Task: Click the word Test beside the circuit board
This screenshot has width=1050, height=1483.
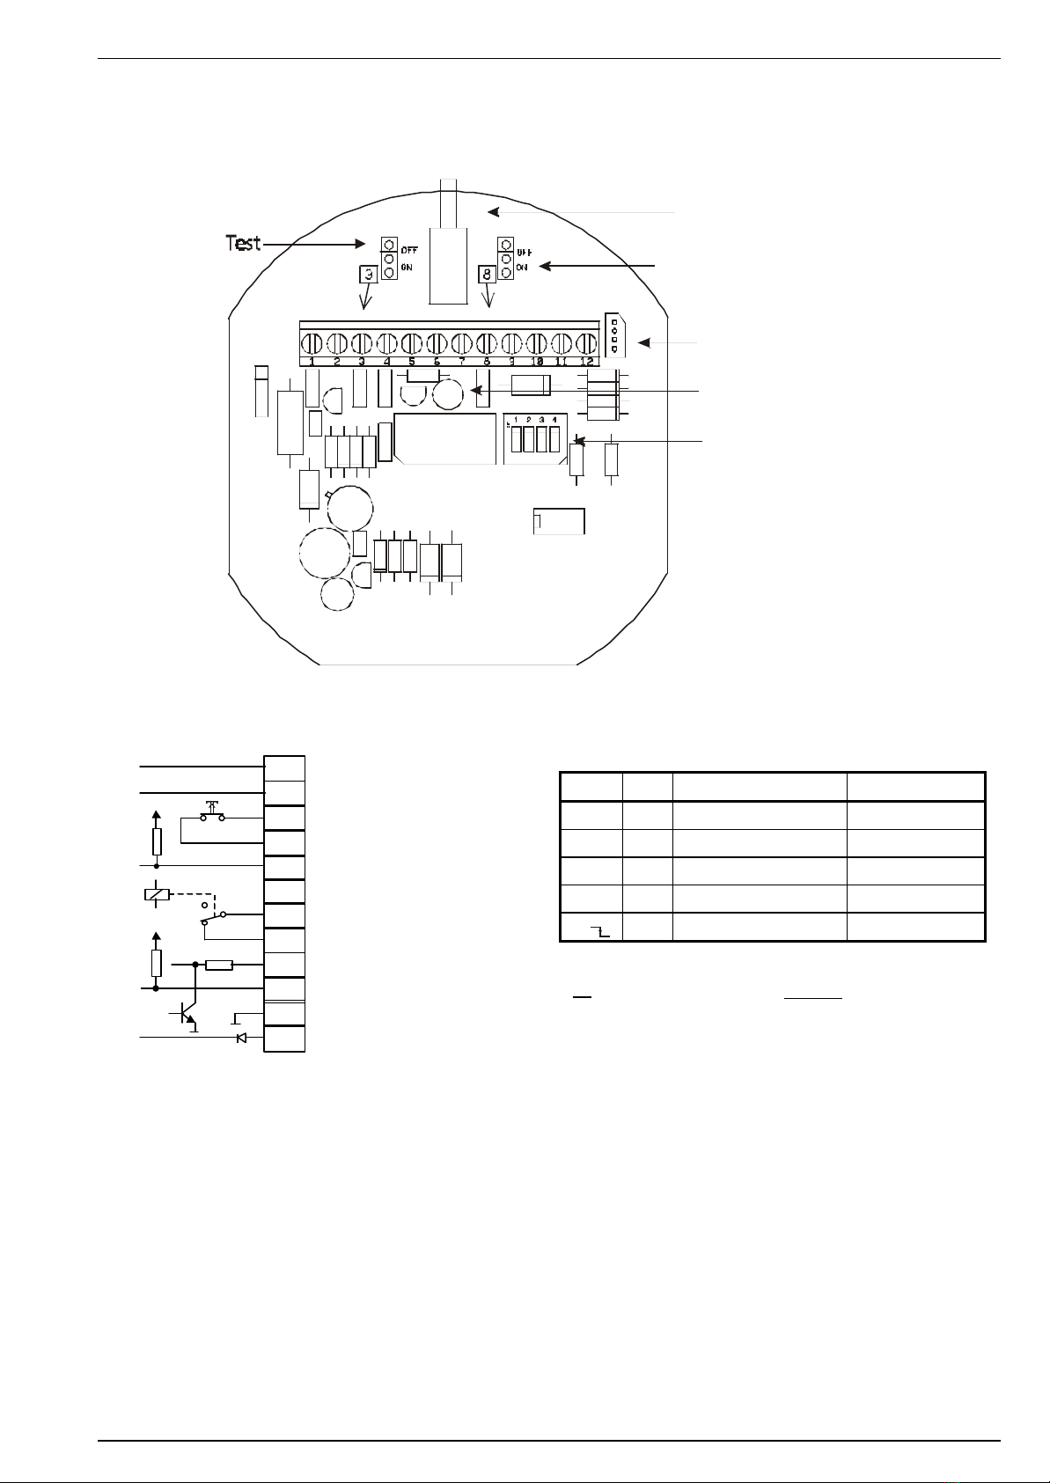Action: tap(244, 242)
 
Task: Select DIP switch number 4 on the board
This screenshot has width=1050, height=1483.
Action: tap(554, 438)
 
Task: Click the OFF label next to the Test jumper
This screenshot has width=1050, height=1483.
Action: tap(409, 249)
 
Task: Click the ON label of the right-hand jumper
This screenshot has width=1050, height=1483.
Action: tap(522, 268)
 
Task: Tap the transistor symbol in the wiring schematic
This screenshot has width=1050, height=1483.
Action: tap(187, 1014)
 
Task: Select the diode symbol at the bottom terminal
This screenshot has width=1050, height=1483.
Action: tap(241, 1039)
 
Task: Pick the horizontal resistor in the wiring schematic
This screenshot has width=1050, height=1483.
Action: tap(218, 965)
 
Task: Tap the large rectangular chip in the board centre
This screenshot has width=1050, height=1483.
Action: tap(445, 438)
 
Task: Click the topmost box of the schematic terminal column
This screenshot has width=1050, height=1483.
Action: tap(285, 767)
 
